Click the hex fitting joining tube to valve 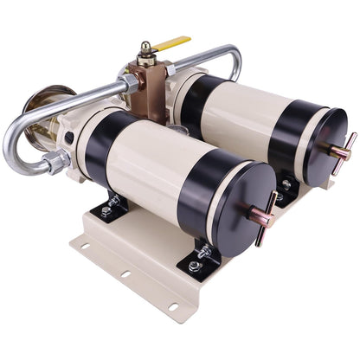click(x=129, y=83)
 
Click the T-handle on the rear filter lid click(x=344, y=151)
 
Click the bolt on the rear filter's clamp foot click(x=286, y=184)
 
